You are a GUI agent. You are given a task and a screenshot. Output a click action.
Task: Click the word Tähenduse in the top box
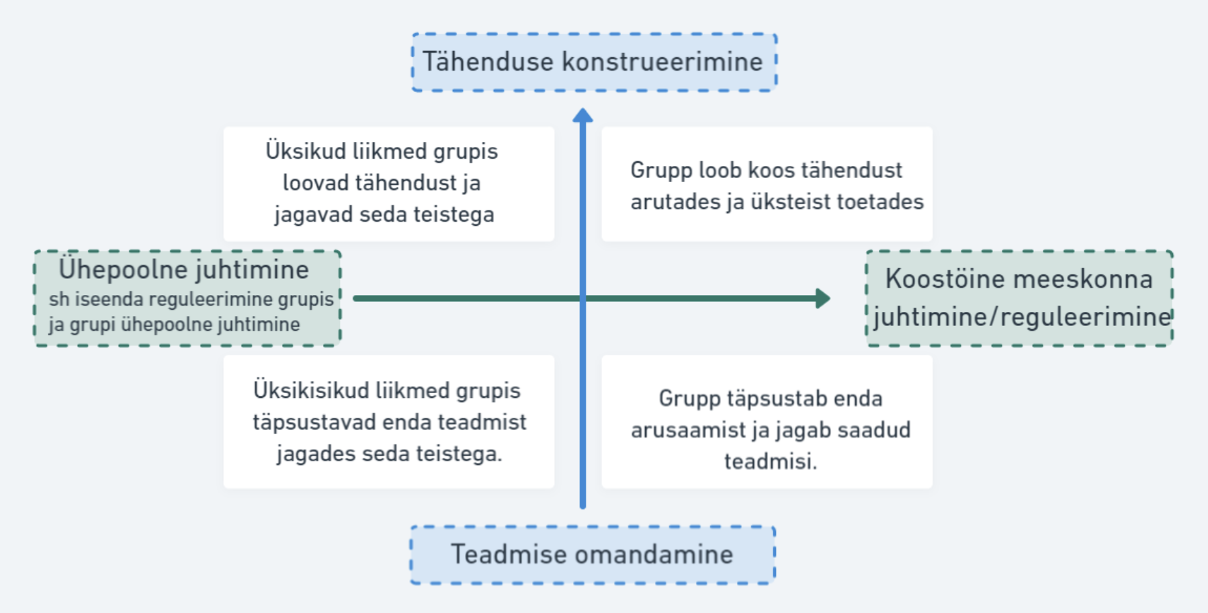tap(488, 61)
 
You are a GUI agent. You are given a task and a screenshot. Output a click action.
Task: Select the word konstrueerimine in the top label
tap(662, 61)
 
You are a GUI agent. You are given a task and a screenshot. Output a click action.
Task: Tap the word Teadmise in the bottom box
tap(508, 554)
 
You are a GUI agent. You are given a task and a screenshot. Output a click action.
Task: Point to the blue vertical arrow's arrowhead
tap(583, 115)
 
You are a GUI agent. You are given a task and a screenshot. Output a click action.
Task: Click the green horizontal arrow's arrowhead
tap(823, 298)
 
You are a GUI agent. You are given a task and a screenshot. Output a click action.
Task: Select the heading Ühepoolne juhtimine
tap(183, 269)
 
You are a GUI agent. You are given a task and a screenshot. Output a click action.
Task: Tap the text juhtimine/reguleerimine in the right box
tap(1022, 316)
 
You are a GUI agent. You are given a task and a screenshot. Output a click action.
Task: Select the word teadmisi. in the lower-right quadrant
tap(771, 461)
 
